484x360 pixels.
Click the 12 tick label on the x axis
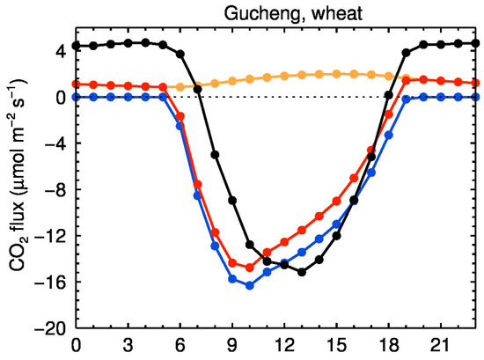284,345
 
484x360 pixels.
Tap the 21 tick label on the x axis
441,345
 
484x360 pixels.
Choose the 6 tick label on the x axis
180,345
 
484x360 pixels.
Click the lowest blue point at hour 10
250,286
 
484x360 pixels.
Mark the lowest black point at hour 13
302,272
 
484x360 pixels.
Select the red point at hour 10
250,268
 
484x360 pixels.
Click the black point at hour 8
215,154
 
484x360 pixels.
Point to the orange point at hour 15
337,73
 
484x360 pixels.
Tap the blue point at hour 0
77,97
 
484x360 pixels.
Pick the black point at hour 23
476,43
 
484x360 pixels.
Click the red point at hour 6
180,116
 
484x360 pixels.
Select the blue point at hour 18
389,135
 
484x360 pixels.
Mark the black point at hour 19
407,53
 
